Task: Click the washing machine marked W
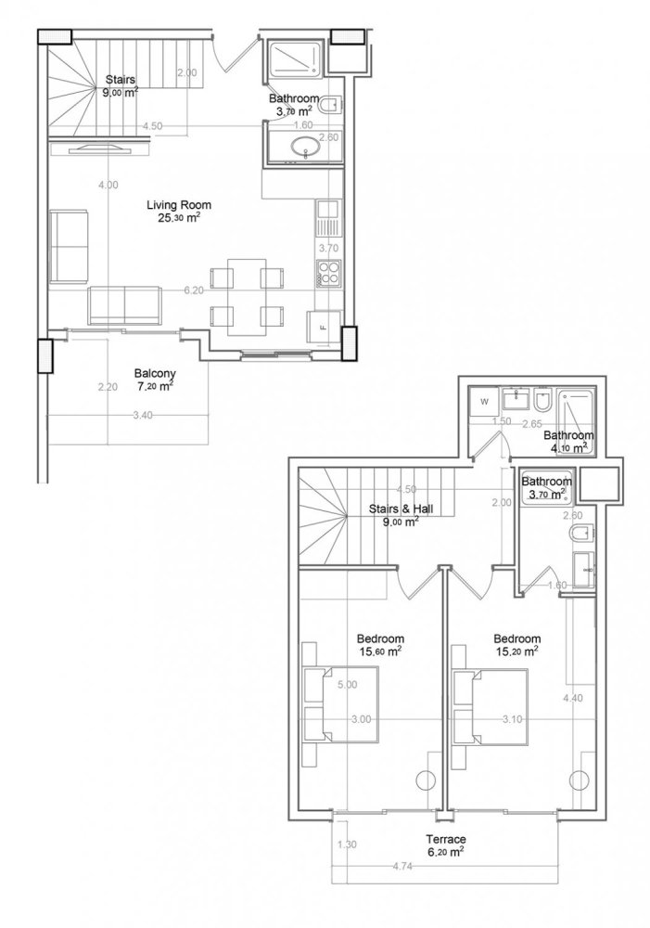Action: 484,402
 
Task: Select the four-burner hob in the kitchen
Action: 329,273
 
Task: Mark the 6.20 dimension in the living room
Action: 193,290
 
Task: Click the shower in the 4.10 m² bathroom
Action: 578,410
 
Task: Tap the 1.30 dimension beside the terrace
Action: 347,844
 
